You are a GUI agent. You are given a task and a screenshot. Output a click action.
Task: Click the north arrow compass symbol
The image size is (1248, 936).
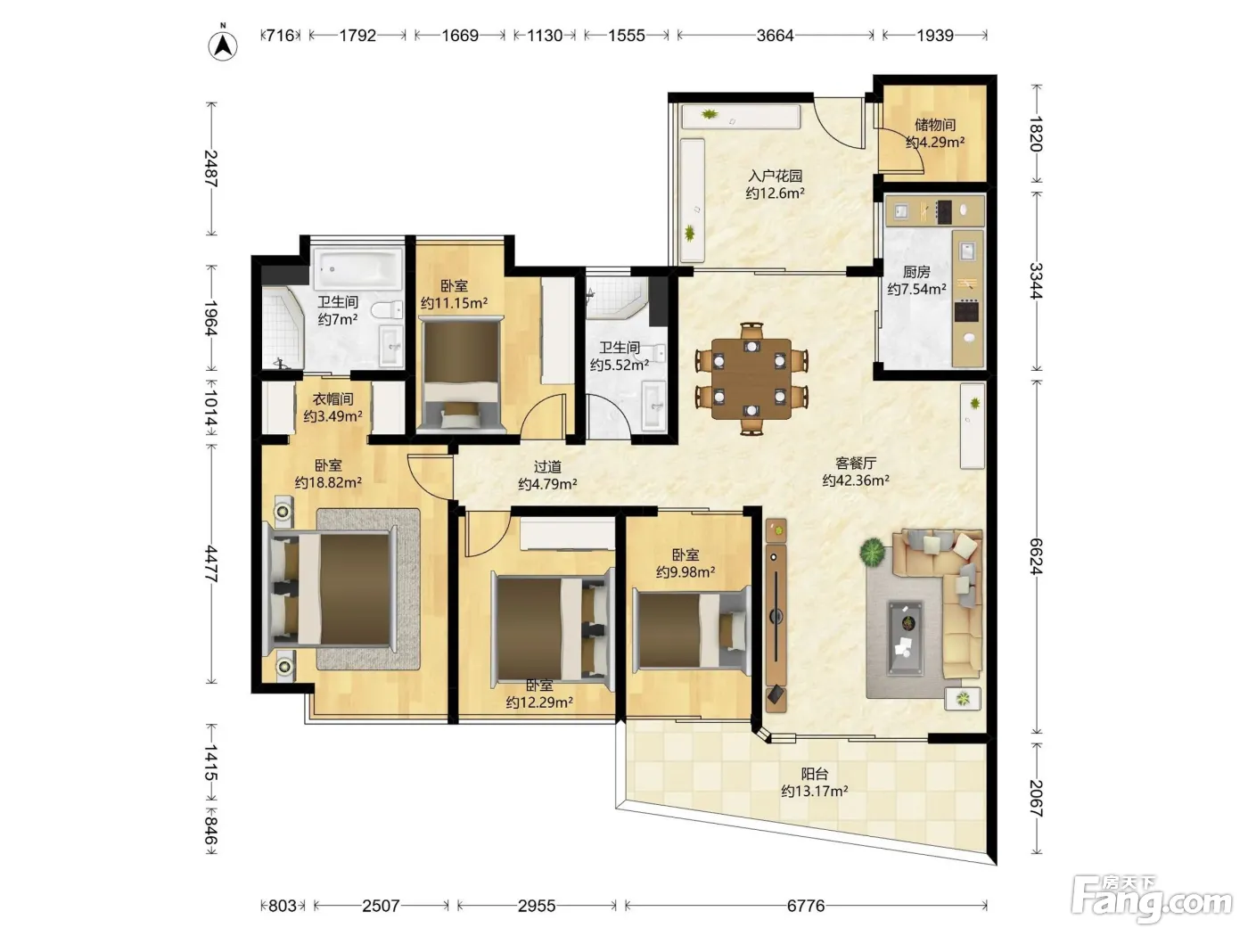(x=223, y=45)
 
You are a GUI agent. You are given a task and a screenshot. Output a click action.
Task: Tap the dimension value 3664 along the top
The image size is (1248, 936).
(x=775, y=36)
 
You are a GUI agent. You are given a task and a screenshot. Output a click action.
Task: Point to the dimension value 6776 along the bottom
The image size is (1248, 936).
(x=806, y=906)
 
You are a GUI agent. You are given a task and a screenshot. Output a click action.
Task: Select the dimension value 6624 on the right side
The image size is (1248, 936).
(x=1037, y=556)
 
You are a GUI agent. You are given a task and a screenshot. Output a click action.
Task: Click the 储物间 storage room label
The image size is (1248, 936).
(x=935, y=125)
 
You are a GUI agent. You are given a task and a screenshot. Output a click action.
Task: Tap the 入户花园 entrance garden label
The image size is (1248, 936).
(x=775, y=176)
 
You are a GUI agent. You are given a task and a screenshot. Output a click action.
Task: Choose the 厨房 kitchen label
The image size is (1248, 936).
(x=916, y=272)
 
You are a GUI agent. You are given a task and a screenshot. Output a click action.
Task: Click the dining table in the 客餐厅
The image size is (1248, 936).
(x=751, y=379)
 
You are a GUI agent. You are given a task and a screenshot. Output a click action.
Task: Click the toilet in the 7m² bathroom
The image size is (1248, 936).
(x=387, y=309)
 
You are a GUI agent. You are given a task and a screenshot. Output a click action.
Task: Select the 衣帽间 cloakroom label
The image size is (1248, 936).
(x=333, y=399)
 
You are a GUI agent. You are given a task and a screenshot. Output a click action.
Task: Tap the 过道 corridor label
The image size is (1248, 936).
(x=547, y=466)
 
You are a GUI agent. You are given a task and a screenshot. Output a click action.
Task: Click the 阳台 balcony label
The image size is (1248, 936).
(x=814, y=774)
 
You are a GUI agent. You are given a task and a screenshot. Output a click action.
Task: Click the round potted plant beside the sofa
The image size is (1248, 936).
(x=872, y=552)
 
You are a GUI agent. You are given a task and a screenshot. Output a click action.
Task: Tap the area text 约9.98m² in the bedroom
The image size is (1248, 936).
(x=686, y=571)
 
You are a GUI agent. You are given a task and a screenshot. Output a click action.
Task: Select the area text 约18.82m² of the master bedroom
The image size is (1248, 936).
(x=328, y=482)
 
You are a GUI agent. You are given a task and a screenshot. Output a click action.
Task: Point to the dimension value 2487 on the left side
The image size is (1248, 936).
(x=211, y=168)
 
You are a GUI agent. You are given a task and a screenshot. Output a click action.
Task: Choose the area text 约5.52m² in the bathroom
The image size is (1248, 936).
(x=620, y=365)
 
